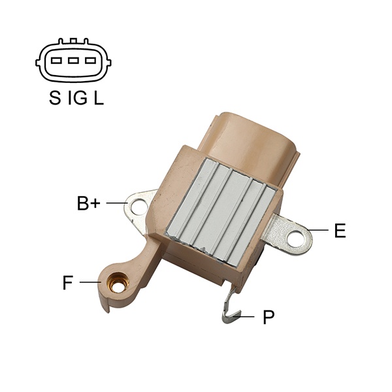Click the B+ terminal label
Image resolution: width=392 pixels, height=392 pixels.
(88, 203)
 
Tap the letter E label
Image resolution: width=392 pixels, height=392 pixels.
(340, 230)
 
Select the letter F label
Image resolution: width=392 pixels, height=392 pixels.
(67, 282)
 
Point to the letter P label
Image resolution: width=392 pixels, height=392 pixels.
(269, 317)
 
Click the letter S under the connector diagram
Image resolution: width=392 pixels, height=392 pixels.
(55, 97)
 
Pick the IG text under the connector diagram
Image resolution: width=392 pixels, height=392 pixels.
(78, 97)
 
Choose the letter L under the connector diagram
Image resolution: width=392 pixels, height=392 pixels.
(99, 97)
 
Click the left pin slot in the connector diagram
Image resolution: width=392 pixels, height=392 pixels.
(56, 61)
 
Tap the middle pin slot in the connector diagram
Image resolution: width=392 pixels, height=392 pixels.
(73, 61)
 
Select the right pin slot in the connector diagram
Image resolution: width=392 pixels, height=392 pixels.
(90, 61)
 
